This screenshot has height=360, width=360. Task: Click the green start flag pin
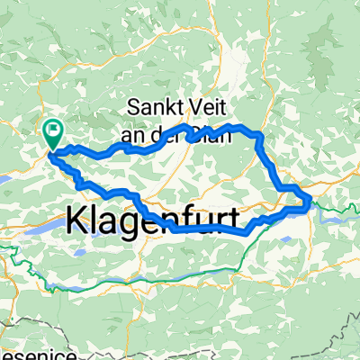52,135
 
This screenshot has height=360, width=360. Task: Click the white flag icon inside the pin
53,131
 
